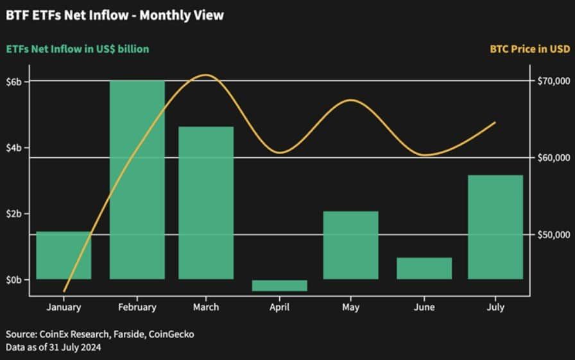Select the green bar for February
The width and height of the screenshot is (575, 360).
(137, 180)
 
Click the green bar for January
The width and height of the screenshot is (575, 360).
(64, 255)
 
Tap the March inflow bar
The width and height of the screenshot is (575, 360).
(206, 203)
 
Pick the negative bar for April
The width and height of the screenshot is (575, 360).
(279, 286)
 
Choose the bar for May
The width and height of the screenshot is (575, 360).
(350, 245)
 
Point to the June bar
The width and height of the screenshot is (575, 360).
(424, 268)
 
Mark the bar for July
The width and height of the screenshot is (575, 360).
(495, 227)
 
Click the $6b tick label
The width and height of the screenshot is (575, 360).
(13, 81)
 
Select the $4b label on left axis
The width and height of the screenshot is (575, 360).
(13, 148)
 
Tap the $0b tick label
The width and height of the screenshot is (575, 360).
(13, 280)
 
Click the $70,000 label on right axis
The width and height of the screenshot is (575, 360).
(554, 81)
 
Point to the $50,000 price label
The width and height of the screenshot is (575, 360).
(554, 235)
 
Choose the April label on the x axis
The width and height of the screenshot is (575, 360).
(279, 307)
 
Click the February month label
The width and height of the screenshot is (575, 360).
(137, 307)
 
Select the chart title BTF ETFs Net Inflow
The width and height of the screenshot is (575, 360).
(67, 15)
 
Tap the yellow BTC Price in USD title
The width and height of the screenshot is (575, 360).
(530, 49)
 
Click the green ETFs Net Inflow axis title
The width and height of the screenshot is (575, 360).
(78, 49)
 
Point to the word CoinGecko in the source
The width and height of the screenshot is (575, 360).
(171, 334)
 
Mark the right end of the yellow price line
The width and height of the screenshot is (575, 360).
(495, 123)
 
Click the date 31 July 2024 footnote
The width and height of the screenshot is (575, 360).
(75, 347)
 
